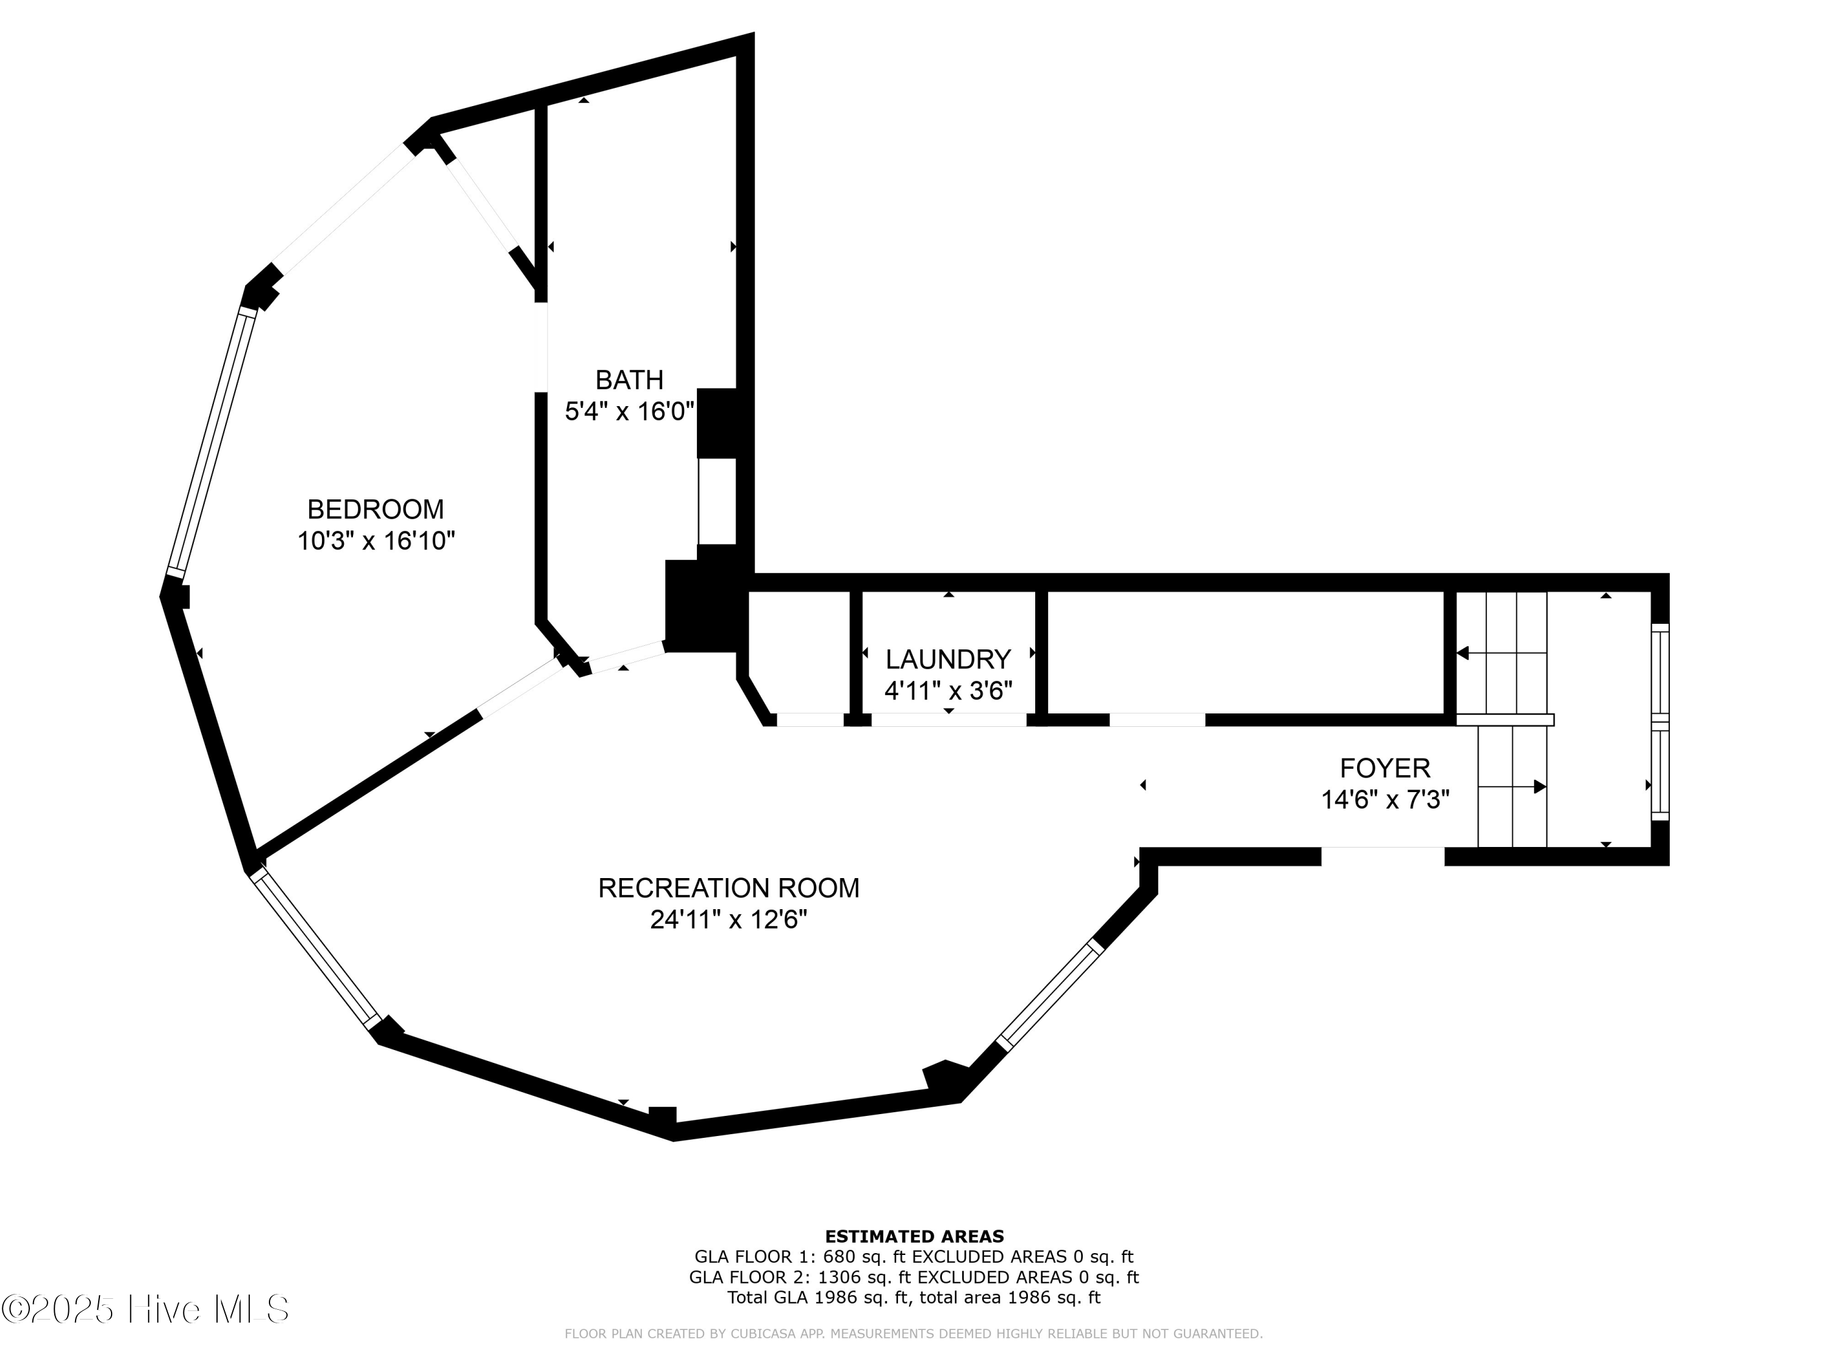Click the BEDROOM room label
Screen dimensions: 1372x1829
point(376,509)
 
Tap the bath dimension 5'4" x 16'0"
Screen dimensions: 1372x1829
point(629,411)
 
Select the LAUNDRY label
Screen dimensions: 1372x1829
point(947,659)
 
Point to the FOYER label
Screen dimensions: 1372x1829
point(1385,768)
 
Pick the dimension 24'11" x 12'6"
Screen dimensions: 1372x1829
point(729,920)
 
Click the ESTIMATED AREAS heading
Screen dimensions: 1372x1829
point(914,1237)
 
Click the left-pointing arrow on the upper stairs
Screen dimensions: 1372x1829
point(1462,653)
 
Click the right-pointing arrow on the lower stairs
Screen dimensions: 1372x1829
point(1539,787)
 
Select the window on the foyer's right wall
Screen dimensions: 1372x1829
point(1660,722)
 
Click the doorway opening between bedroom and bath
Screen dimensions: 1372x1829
point(541,348)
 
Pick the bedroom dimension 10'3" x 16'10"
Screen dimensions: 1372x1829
point(376,541)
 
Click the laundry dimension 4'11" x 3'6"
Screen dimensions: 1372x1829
point(947,690)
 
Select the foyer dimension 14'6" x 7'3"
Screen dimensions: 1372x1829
point(1385,799)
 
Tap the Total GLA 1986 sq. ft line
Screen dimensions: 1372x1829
point(914,1298)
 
